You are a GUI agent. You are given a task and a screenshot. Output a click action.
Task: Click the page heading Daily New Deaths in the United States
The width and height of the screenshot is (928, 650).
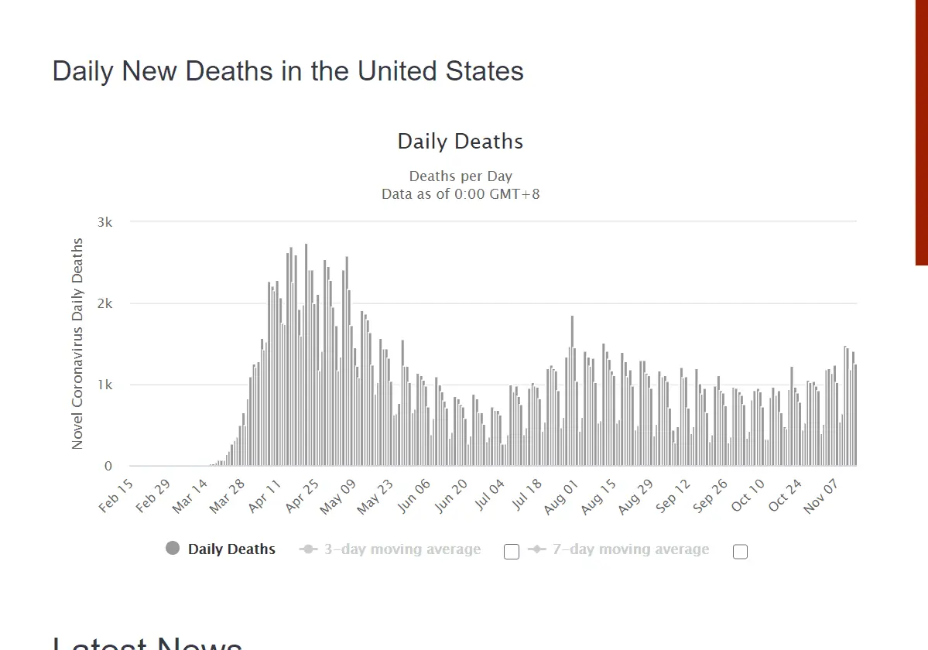point(288,71)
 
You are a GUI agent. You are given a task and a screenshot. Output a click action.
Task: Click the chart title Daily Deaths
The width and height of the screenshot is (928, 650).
point(461,142)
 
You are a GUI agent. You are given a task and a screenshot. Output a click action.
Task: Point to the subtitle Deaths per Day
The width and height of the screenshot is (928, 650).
point(461,176)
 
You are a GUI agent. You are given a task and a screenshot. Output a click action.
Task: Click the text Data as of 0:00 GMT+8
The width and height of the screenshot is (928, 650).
point(461,193)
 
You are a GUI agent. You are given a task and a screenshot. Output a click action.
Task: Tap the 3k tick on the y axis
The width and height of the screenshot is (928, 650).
point(104,222)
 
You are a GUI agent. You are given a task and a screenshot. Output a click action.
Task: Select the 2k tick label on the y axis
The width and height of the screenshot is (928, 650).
point(104,303)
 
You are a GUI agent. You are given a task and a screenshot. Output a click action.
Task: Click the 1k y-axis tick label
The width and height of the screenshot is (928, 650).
point(104,385)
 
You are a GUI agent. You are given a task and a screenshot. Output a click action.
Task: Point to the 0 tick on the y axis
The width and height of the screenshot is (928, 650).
point(108,467)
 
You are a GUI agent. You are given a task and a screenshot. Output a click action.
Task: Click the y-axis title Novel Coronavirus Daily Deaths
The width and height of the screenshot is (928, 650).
point(77,344)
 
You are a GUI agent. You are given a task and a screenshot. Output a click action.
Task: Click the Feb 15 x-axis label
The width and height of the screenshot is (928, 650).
point(117,495)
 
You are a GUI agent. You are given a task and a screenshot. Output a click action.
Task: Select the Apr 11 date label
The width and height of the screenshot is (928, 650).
point(265,495)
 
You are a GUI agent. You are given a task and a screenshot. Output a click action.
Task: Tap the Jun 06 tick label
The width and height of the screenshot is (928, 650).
point(413,495)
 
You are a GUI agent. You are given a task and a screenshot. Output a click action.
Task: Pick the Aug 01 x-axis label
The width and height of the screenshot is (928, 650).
point(562,495)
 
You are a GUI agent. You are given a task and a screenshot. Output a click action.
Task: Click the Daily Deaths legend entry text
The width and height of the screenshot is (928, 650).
point(231,549)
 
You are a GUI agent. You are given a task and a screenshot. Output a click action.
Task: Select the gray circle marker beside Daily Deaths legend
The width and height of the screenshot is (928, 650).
point(173,549)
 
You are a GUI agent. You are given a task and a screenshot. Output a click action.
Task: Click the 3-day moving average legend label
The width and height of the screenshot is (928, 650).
point(402,549)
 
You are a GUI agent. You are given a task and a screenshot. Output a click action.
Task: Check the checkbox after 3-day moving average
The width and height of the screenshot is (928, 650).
point(511,552)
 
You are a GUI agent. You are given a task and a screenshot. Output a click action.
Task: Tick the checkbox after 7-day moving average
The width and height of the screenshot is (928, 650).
point(740,552)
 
